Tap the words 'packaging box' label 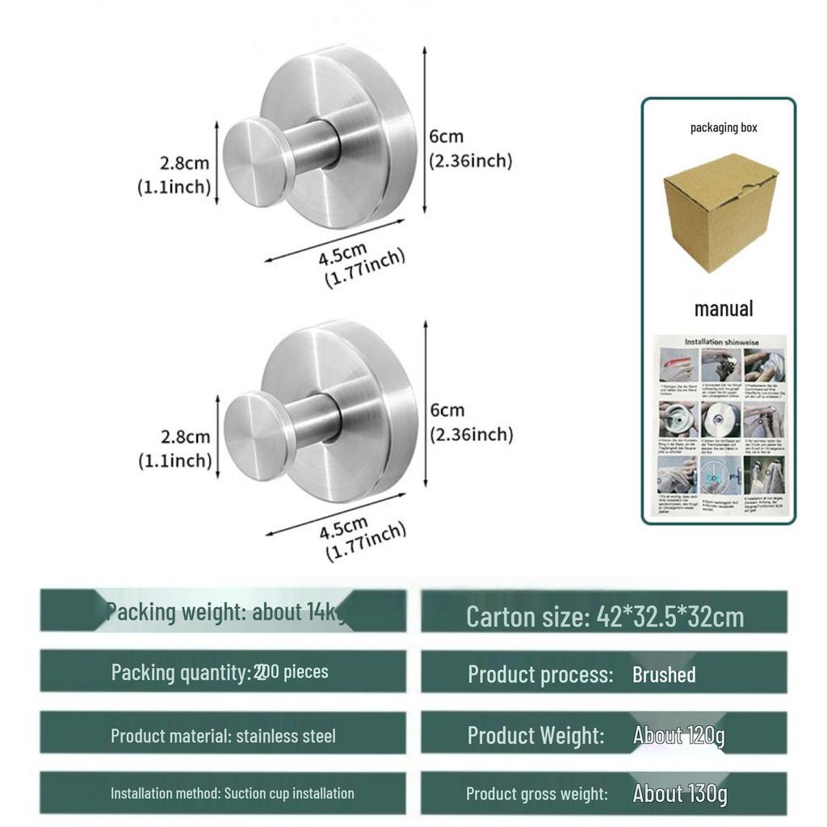pos(724,128)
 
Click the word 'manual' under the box pos(724,309)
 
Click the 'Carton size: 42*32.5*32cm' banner pos(604,617)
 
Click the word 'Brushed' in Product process pos(664,674)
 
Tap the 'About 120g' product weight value pos(678,736)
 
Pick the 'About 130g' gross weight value pos(679,793)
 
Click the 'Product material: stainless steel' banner pos(223,736)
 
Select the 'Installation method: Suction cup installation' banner pos(232,793)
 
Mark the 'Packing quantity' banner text pos(220,672)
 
